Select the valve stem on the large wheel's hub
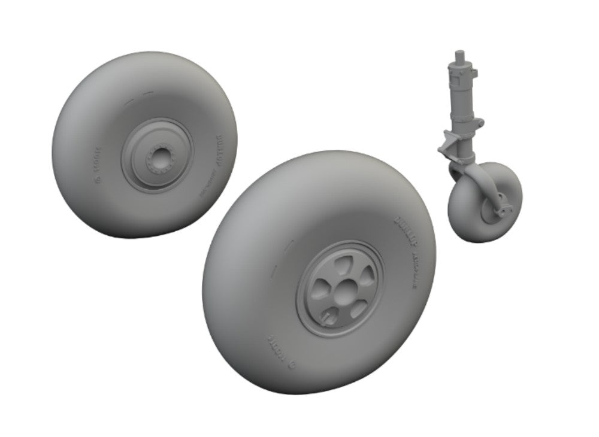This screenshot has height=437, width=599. click(329, 313)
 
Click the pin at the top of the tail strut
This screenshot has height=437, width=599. click(461, 56)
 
